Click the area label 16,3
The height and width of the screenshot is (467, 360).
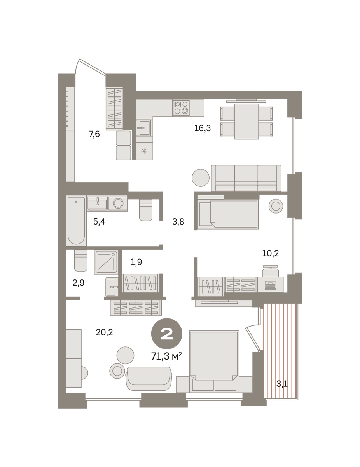coord(203,128)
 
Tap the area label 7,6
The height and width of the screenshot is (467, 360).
coord(94,134)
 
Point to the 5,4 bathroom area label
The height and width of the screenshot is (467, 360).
coord(99,221)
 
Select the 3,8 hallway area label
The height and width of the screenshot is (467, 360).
coord(178,221)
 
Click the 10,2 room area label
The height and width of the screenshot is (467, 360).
coord(271,254)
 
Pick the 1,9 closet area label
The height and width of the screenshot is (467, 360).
coord(136,262)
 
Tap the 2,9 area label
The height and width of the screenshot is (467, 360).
coord(79,283)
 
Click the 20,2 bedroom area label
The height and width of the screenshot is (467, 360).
coord(104,332)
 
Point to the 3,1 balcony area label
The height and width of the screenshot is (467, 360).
coord(282,384)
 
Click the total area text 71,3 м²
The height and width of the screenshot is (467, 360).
coord(166,356)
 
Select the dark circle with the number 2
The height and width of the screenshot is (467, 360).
coord(167,334)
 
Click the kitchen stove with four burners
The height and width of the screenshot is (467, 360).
coord(181,108)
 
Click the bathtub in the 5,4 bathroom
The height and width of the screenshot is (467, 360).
coord(76,221)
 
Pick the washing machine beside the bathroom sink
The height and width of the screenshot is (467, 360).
coord(118,203)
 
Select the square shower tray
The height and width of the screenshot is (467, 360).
coord(106,262)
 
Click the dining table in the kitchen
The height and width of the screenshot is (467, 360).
coord(246,121)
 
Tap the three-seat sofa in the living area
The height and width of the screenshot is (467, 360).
coord(246,178)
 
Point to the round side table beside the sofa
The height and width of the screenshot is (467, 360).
coord(201,178)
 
